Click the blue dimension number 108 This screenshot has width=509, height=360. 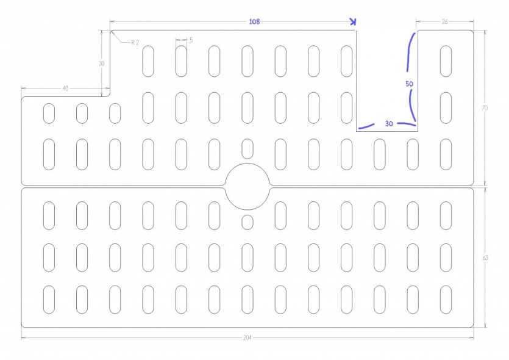255,22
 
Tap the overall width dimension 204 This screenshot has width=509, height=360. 247,337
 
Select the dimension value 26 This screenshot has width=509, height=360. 445,21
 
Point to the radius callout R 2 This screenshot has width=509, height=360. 135,43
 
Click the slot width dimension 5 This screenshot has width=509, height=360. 191,40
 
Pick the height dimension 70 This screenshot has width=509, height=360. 485,108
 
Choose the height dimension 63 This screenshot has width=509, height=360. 485,257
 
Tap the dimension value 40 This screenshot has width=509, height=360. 66,88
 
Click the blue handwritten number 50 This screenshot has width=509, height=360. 410,84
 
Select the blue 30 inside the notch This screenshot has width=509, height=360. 389,123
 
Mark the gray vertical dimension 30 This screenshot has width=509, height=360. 102,63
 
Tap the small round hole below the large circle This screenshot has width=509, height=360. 247,222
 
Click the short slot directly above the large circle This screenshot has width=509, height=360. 247,149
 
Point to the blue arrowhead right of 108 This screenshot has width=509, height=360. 353,22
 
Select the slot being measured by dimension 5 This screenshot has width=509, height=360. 181,61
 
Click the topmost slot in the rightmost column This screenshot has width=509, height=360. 446,61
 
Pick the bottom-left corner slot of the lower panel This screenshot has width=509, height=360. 49,300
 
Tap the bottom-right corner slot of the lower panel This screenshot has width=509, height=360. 446,300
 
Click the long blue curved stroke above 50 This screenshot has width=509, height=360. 408,52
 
